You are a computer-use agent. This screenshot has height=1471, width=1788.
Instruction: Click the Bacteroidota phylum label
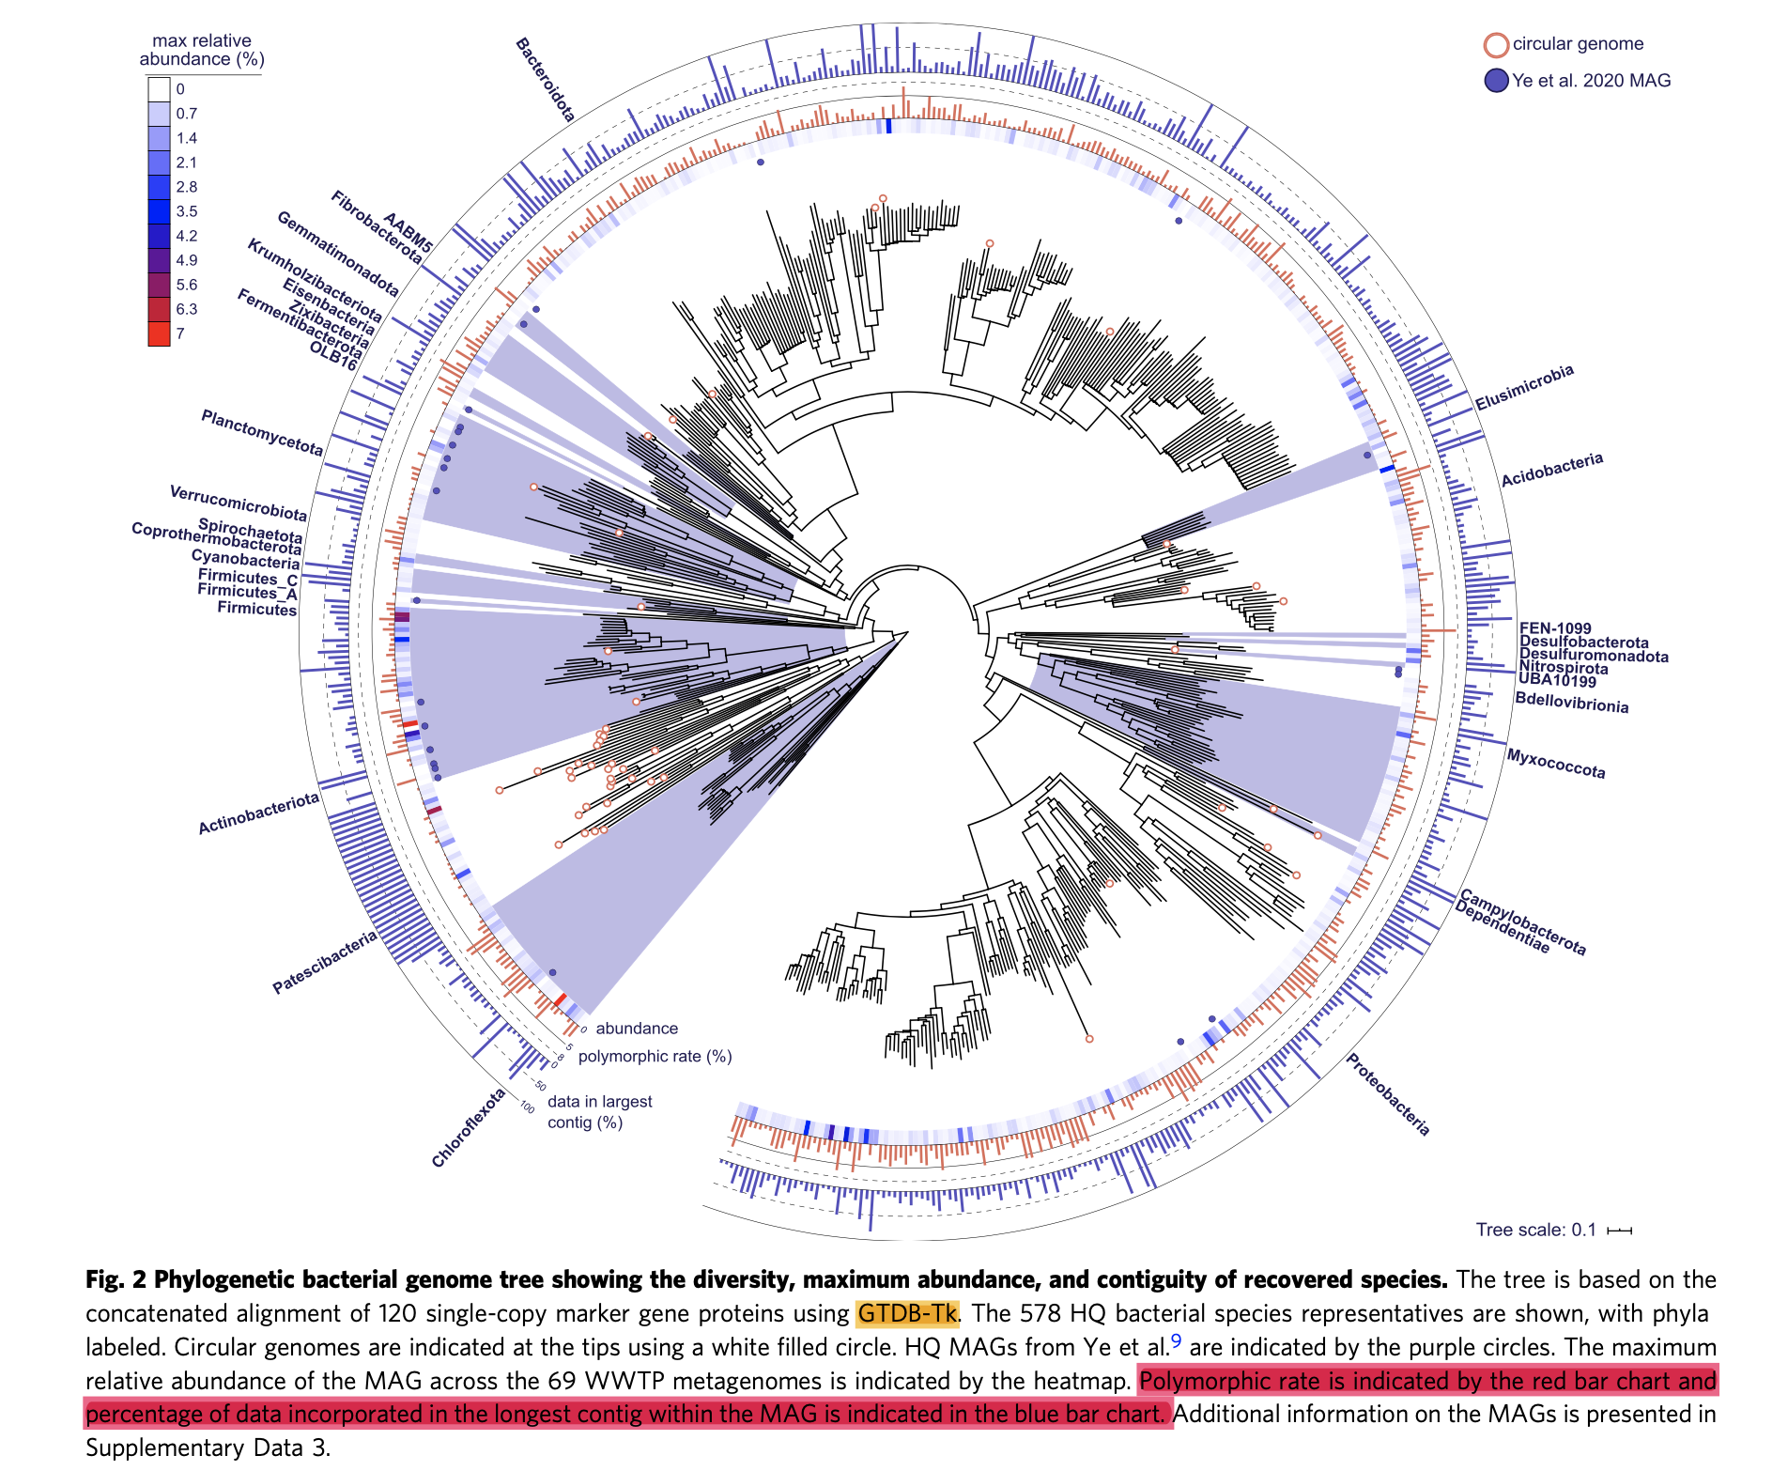546,81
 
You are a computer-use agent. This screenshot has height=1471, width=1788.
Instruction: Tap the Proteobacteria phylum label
1387,1094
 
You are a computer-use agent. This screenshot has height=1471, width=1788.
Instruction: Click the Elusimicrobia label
1523,388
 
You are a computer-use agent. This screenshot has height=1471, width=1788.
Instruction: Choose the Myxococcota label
1556,763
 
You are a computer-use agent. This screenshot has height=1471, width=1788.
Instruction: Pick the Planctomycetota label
262,433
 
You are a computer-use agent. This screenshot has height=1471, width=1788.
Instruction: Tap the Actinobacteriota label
258,813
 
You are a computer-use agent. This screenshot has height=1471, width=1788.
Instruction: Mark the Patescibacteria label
324,962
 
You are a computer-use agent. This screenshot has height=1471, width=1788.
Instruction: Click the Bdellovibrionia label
1571,703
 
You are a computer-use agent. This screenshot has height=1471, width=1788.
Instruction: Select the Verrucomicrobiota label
238,503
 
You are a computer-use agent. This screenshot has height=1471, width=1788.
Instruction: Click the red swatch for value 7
159,333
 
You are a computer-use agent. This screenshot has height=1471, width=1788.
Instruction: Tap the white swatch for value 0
159,89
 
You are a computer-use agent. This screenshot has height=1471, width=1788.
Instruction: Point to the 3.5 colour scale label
187,211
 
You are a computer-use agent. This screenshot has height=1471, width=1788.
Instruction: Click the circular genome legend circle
1496,45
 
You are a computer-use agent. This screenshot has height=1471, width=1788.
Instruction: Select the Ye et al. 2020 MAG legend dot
1496,81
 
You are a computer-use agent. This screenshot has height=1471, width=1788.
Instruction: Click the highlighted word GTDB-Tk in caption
907,1313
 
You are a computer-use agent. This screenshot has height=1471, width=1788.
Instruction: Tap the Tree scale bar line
1619,1231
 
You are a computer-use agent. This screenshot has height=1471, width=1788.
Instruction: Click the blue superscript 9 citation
1176,1341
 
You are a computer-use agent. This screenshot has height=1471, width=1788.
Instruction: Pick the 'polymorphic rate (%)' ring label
655,1056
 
